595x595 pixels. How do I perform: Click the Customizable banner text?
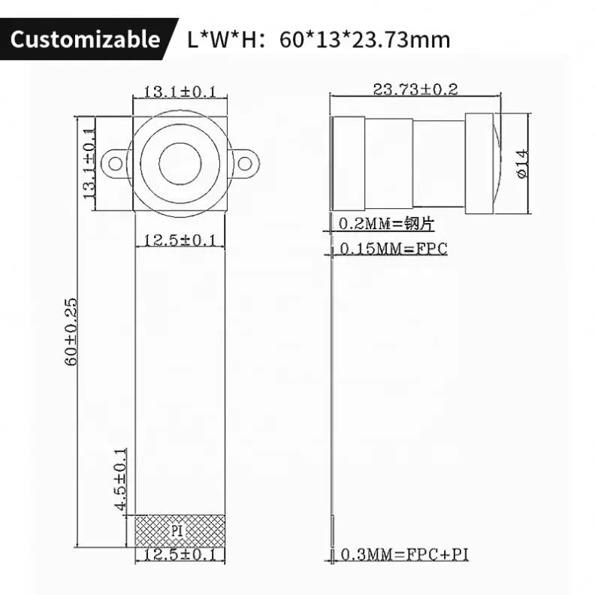[85, 39]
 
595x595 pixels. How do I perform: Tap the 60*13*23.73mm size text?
[364, 40]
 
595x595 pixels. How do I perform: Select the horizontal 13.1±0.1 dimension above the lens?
[180, 92]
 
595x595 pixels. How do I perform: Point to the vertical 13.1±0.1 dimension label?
[89, 163]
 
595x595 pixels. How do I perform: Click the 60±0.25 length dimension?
[71, 331]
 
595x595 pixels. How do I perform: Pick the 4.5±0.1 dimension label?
[120, 479]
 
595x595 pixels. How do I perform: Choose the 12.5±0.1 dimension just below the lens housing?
[180, 240]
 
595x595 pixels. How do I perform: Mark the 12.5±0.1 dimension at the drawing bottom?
[180, 554]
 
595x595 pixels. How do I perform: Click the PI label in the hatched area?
[177, 530]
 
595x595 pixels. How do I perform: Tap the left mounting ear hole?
[116, 164]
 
